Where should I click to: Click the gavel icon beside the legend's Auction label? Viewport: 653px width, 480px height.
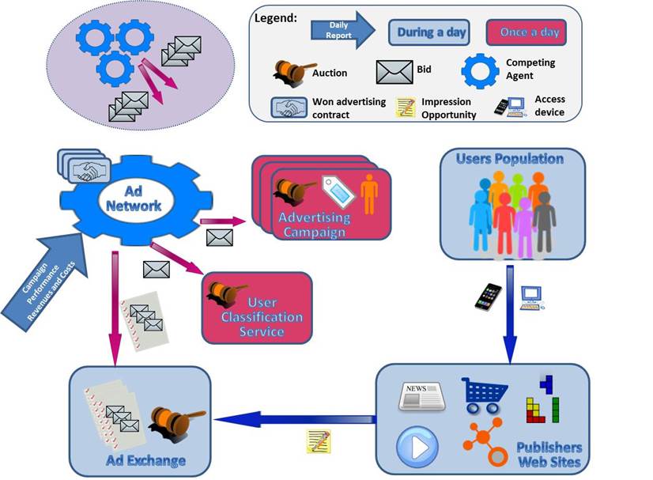coord(293,71)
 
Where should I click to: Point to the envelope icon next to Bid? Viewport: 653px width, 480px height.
coord(394,72)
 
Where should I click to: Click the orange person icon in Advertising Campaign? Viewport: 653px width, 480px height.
coord(369,194)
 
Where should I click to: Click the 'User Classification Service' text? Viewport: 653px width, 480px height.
coord(265,317)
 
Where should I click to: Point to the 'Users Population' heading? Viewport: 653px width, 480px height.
coord(510,159)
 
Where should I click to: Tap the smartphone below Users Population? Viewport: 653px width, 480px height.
coord(488,296)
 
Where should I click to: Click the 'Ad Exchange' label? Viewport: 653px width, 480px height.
coord(147,460)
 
